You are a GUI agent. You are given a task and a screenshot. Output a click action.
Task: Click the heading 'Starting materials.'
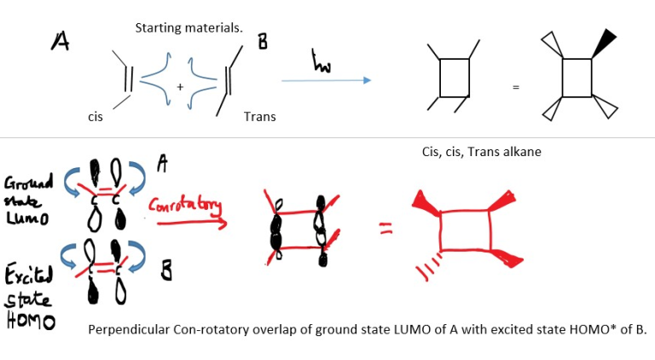tap(188, 27)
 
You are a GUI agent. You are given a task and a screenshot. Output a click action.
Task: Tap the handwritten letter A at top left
tap(61, 40)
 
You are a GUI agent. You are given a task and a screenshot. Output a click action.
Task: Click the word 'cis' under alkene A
tap(95, 117)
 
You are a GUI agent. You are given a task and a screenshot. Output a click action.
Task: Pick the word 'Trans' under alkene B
tap(259, 116)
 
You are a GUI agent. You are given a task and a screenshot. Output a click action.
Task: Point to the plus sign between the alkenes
tap(180, 87)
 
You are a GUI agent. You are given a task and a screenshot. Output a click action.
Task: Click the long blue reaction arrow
tap(326, 80)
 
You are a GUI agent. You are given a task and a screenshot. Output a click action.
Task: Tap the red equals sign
tap(385, 226)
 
